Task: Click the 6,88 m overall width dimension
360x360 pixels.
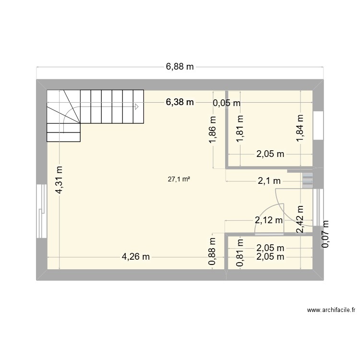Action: (180, 67)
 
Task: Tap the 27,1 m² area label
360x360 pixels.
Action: (179, 180)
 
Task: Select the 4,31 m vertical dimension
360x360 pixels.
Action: (59, 180)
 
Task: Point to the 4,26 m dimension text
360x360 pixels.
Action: (136, 257)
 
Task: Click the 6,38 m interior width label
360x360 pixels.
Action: (180, 102)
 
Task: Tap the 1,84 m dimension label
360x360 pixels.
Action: (300, 129)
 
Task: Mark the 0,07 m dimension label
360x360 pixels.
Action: (326, 234)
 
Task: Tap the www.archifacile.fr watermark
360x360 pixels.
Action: (331, 311)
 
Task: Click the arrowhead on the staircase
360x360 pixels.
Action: (137, 107)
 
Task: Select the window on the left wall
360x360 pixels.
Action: (41, 211)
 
